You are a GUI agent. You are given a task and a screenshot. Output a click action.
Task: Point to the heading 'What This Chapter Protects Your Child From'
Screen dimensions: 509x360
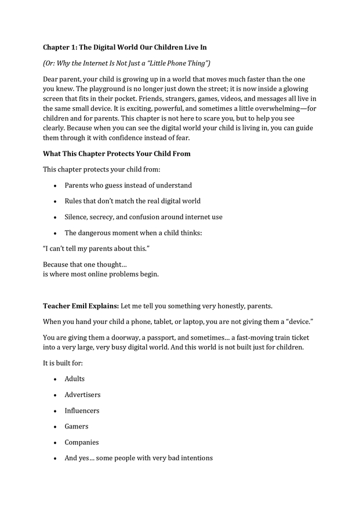click(117, 154)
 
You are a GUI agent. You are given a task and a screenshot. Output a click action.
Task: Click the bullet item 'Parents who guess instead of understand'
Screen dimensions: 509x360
click(128, 186)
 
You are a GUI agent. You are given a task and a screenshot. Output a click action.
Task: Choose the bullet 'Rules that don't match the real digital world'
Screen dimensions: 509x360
click(132, 201)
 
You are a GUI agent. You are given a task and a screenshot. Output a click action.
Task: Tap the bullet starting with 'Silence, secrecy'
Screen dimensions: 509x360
click(143, 217)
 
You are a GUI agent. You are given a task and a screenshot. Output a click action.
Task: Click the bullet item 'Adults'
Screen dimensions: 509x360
click(75, 379)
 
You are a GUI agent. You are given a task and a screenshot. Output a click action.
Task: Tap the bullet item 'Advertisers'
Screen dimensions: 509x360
click(82, 395)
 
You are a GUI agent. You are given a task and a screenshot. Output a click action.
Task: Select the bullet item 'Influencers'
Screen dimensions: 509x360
click(82, 410)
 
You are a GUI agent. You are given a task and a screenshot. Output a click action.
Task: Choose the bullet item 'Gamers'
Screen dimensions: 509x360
click(77, 426)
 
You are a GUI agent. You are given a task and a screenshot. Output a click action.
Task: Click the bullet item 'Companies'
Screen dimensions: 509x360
click(82, 442)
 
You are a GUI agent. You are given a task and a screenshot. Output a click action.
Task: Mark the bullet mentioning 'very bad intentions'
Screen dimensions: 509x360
click(139, 458)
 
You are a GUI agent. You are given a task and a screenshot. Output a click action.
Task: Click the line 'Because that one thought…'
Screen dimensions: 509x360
click(81, 264)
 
